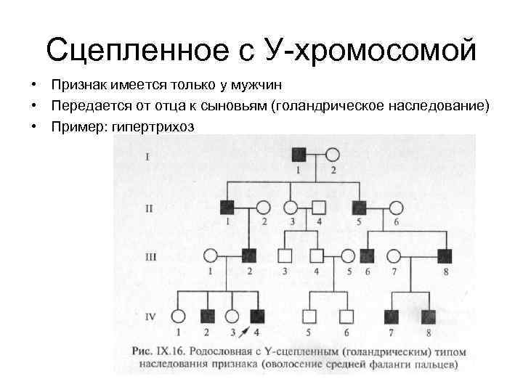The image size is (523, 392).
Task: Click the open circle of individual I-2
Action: (333, 155)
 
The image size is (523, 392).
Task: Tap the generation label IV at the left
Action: (150, 316)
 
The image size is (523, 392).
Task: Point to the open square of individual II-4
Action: (318, 207)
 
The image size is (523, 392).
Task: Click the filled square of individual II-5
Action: (359, 207)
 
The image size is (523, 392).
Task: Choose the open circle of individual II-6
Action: (397, 207)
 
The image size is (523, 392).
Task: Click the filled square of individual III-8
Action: (445, 256)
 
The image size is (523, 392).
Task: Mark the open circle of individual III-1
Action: (211, 256)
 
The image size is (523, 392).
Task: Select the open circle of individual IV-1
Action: (177, 316)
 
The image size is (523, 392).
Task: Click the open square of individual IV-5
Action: (309, 316)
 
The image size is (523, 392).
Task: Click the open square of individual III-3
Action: (285, 256)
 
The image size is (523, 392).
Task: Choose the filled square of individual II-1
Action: (228, 207)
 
